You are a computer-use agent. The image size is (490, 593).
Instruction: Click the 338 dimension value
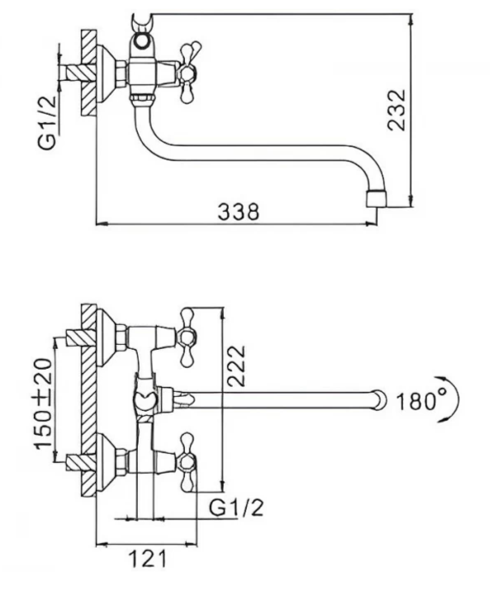coord(239,213)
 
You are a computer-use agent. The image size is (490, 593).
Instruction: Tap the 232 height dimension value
coord(397,110)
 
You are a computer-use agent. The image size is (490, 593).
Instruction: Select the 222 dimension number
coord(237,366)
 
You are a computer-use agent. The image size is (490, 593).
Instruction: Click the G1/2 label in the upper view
coord(47,122)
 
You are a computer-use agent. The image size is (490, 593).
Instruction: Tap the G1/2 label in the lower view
coord(236,508)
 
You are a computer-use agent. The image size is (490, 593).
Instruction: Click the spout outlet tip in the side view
coord(377,199)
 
